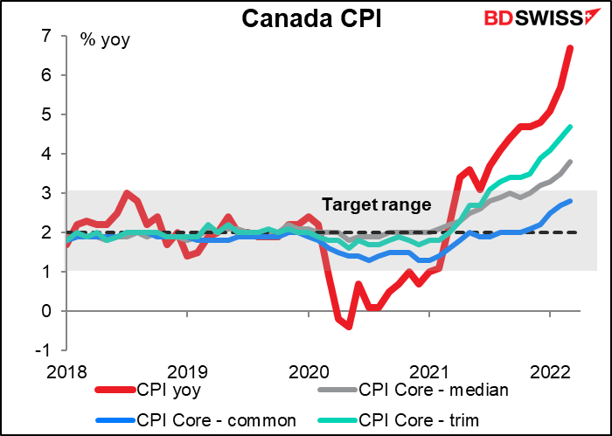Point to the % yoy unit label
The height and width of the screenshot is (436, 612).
pos(105,39)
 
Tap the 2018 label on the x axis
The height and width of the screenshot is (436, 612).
pos(66,370)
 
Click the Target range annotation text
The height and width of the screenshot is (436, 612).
pos(377,205)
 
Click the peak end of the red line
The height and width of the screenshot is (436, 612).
pos(570,48)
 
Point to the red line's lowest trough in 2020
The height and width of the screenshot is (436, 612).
pos(348,327)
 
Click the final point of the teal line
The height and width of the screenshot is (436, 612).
pos(570,127)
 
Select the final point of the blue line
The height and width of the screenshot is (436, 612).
pos(570,201)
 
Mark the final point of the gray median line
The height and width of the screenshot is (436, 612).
pos(570,162)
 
